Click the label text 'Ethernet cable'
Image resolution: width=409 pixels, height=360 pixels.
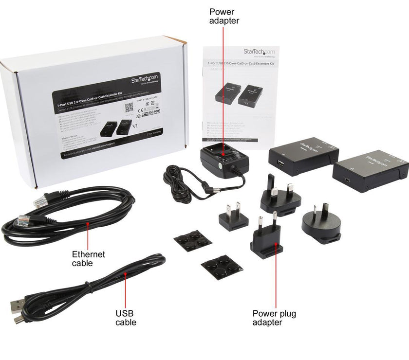click(88, 258)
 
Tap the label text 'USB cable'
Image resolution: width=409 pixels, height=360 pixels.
click(126, 318)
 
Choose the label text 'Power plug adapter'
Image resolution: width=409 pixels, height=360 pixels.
click(274, 318)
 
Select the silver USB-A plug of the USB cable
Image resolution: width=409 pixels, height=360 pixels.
click(19, 306)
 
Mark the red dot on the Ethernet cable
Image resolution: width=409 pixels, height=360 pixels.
click(88, 224)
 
